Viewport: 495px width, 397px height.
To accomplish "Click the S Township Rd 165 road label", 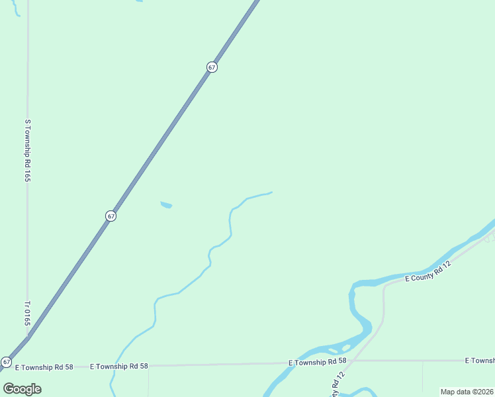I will click(28, 150).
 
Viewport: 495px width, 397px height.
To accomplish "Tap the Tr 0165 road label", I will click(28, 314).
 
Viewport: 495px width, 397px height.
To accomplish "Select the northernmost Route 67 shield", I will click(211, 67).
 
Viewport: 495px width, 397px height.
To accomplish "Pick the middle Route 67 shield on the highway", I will click(111, 216).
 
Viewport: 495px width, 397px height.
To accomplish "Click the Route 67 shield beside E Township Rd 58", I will click(6, 362).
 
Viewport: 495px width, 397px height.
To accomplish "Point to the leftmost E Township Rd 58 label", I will click(44, 366).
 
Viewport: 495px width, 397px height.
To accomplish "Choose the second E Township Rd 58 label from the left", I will click(120, 365).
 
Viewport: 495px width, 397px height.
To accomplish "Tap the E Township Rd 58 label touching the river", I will click(317, 361).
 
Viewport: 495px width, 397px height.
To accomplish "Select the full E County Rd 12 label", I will click(428, 271).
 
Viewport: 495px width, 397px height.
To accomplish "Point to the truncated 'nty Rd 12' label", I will click(338, 384).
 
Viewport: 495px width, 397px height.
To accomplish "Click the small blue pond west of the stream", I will click(166, 205).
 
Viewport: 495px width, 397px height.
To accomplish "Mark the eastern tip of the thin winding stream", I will click(271, 193).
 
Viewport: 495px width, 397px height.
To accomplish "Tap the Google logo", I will click(22, 388).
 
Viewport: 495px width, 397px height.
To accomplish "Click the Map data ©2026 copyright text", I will click(467, 392).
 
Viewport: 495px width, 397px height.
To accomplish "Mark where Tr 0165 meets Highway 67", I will click(28, 337).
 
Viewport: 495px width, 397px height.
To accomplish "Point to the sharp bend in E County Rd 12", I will click(384, 286).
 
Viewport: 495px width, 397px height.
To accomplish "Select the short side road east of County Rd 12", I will click(423, 375).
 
